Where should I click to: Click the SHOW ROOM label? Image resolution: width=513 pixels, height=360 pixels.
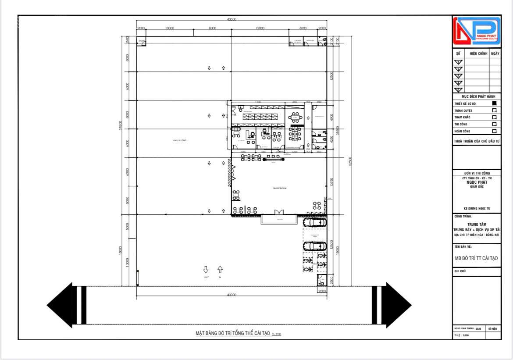[280, 188]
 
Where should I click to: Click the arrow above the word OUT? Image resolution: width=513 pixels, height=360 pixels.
[206, 269]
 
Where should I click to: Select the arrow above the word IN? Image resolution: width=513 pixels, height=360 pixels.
[220, 269]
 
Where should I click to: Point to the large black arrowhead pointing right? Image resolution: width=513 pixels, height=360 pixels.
[399, 305]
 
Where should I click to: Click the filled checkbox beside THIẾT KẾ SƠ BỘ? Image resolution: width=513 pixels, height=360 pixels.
[495, 103]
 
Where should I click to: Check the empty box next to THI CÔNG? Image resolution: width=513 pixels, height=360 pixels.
[495, 124]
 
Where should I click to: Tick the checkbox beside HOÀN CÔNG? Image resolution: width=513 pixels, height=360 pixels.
[495, 131]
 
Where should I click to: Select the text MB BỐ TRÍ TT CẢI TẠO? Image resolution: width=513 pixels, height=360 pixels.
[476, 258]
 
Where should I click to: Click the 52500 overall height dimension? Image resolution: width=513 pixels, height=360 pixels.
[350, 161]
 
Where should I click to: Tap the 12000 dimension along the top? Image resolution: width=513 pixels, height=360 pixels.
[260, 29]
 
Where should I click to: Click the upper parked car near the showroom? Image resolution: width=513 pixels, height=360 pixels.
[315, 222]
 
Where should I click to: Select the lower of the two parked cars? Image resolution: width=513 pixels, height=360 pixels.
[315, 246]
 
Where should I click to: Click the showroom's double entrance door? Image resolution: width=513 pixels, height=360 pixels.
[279, 213]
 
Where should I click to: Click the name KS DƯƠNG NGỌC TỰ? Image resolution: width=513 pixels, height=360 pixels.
[476, 209]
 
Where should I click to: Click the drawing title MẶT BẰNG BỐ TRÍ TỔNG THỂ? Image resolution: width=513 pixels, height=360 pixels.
[232, 333]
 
